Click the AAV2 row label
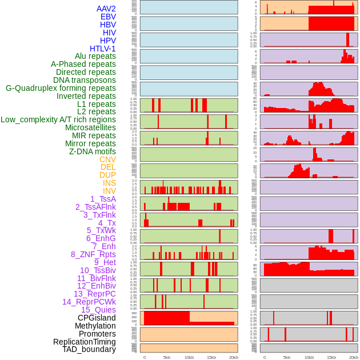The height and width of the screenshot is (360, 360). pos(106,9)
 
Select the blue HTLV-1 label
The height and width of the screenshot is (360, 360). pos(103,49)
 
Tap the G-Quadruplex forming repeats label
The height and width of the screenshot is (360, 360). pos(61,88)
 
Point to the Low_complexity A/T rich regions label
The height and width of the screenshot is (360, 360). pos(58,119)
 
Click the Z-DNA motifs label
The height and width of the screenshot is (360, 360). pos(93,151)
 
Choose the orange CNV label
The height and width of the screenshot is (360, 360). pos(107,159)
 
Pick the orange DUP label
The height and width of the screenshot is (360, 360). pos(107,175)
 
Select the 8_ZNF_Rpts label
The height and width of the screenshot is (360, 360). pos(93,254)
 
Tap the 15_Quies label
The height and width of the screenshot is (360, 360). pos(98,310)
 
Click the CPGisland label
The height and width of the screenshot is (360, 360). pos(97,318)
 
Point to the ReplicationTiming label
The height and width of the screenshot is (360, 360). pos(84,342)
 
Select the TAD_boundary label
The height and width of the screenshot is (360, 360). pos(89,349)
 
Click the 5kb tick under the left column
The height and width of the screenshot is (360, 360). pos(167,357)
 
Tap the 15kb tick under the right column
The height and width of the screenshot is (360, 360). pos(331,357)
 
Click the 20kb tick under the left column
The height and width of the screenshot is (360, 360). pos(234,357)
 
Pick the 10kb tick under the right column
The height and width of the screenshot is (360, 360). pos(309,357)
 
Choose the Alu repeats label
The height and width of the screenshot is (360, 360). pos(95,56)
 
